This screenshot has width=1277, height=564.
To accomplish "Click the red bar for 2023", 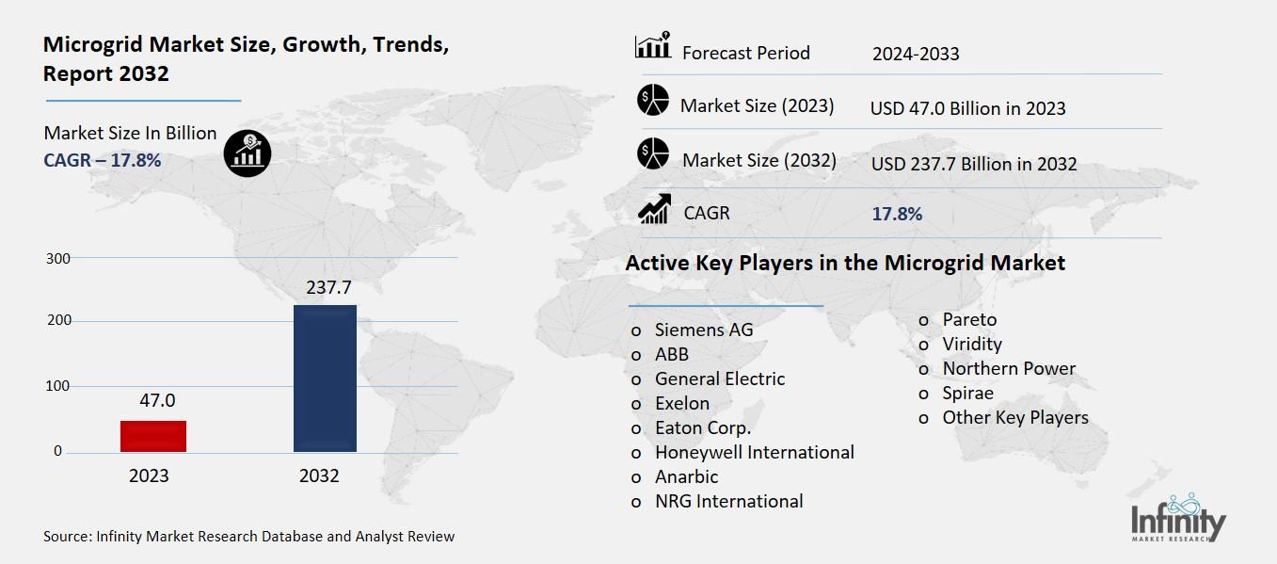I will point(152,436).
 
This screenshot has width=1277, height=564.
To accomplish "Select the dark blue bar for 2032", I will point(325,378).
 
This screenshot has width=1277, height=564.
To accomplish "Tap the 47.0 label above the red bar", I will point(157,400).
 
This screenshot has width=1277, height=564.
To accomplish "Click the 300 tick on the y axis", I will point(57,258).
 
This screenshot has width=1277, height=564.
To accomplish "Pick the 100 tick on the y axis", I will point(57,386).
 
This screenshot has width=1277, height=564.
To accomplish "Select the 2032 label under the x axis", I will point(319,475).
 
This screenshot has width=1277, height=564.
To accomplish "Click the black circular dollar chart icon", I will point(247,152).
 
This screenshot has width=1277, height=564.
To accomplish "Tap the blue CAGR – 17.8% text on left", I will point(102,160).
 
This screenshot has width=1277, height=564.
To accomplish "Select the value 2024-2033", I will point(915,54).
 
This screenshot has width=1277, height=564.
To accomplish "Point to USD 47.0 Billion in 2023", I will point(967,108).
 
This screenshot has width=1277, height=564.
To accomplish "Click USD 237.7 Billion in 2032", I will point(973,164).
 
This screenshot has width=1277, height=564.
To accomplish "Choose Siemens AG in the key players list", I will point(703,330).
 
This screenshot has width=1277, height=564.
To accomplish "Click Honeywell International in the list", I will point(754,452).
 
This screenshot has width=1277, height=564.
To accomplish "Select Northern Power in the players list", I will point(1008,368).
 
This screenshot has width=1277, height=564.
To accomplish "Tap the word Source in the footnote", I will point(66,537).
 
